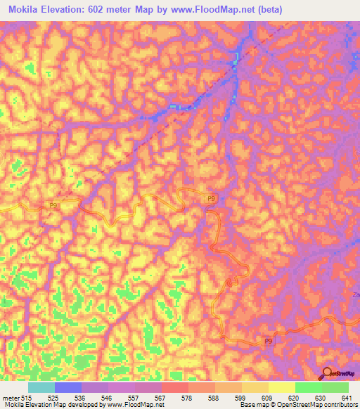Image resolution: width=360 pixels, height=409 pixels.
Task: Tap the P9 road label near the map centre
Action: pyautogui.click(x=211, y=200)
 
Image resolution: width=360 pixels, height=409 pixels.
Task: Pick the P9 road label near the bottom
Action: pyautogui.click(x=268, y=341)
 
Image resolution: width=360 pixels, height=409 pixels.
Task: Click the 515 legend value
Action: pyautogui.click(x=27, y=398)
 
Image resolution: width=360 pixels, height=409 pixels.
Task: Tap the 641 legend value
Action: pyautogui.click(x=348, y=398)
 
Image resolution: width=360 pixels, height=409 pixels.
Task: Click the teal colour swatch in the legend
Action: pyautogui.click(x=41, y=387)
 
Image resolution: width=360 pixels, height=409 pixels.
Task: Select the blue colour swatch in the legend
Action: pyautogui.click(x=67, y=387)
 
